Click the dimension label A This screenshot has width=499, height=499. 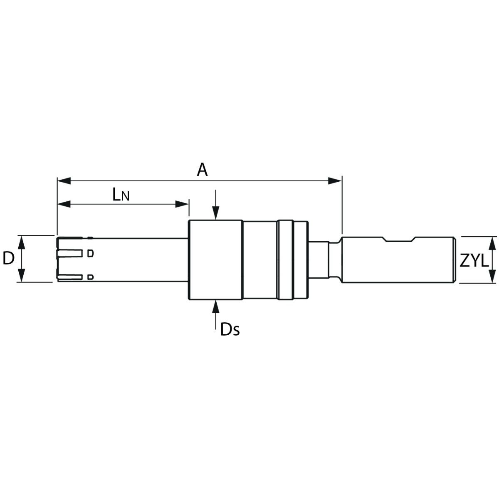202,170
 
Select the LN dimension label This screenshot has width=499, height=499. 121,195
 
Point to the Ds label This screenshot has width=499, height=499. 230,329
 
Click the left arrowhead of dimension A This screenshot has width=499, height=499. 64,181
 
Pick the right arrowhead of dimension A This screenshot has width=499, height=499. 335,181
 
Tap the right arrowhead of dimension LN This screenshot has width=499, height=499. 182,204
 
